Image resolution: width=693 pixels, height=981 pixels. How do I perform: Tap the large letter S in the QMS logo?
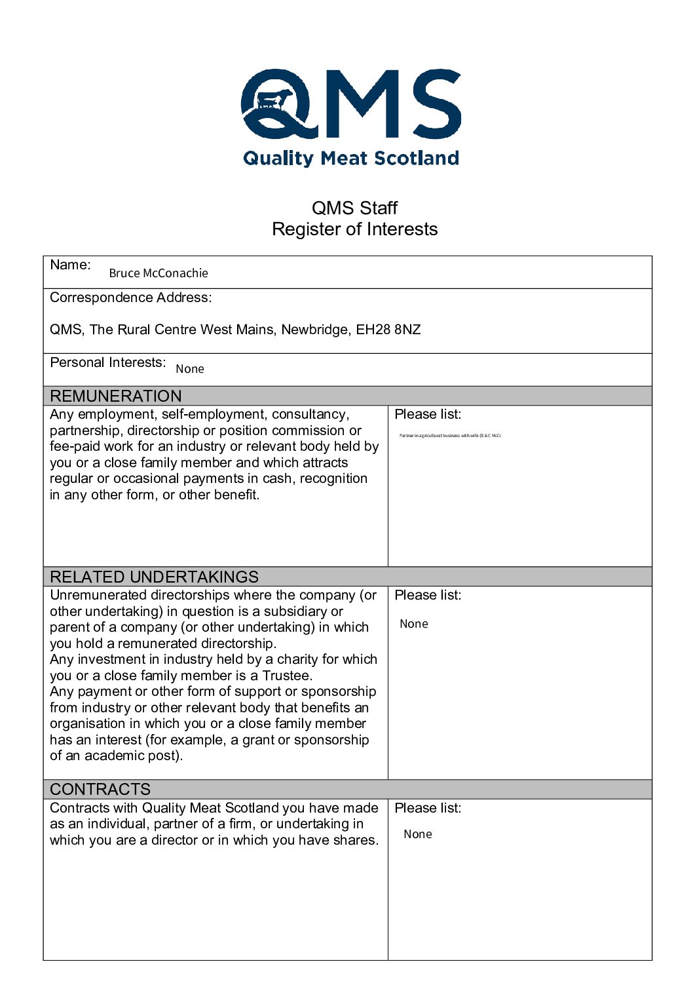[x=432, y=104]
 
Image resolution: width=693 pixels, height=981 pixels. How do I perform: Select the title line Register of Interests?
[x=354, y=229]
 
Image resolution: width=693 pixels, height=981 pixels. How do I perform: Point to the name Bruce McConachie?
[x=159, y=273]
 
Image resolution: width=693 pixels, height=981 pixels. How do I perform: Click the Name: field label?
[x=70, y=265]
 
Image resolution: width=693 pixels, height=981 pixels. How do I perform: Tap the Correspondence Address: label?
[x=131, y=298]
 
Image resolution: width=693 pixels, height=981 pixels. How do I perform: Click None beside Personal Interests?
[x=190, y=369]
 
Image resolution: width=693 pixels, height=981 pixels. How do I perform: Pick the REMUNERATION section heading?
[x=116, y=396]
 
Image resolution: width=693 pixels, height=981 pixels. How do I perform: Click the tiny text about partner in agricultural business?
[x=450, y=435]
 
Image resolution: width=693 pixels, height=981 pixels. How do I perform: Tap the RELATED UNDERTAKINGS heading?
[x=155, y=577]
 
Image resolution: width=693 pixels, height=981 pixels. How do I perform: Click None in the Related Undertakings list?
[x=414, y=624]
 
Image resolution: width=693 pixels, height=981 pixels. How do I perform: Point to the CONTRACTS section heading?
[x=100, y=789]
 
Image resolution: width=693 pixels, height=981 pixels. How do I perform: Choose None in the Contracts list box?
[x=418, y=834]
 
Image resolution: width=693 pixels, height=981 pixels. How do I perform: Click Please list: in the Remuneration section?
[x=428, y=414]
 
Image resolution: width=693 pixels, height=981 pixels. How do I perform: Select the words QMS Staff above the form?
[x=354, y=208]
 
